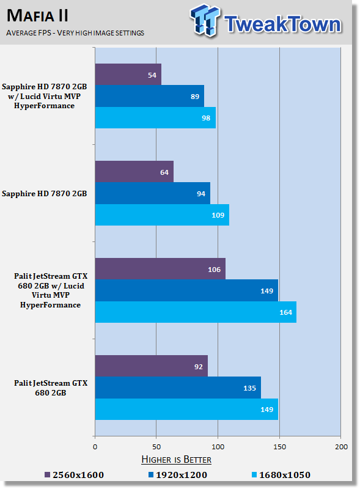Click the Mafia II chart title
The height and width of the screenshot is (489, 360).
pyautogui.click(x=37, y=16)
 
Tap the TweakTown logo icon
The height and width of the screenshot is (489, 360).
pyautogui.click(x=205, y=20)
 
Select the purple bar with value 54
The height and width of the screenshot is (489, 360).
pyautogui.click(x=128, y=75)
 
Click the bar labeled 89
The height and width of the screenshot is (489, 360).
pyautogui.click(x=150, y=96)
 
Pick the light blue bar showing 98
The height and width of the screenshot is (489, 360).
pyautogui.click(x=155, y=117)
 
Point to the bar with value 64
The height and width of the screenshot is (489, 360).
pyautogui.click(x=134, y=172)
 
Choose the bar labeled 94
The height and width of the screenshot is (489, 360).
pyautogui.click(x=153, y=193)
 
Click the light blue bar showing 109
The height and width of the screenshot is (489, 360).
pyautogui.click(x=162, y=215)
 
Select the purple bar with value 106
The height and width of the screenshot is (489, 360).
pyautogui.click(x=160, y=269)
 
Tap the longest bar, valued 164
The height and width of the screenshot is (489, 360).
pyautogui.click(x=196, y=312)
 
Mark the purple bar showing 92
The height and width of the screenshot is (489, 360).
pyautogui.click(x=152, y=366)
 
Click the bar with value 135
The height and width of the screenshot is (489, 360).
pyautogui.click(x=178, y=388)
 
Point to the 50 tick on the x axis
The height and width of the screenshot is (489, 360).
pyautogui.click(x=156, y=447)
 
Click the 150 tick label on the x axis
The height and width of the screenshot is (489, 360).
pyautogui.click(x=279, y=447)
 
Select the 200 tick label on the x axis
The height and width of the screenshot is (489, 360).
pyautogui.click(x=341, y=447)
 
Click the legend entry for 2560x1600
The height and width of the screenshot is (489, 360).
pyautogui.click(x=74, y=475)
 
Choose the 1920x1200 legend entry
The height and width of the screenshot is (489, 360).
pyautogui.click(x=177, y=475)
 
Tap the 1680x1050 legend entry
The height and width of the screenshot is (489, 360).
pyautogui.click(x=281, y=475)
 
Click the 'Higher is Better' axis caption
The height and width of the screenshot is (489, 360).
pyautogui.click(x=176, y=460)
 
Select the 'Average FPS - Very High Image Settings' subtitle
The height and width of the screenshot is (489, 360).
pyautogui.click(x=75, y=33)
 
